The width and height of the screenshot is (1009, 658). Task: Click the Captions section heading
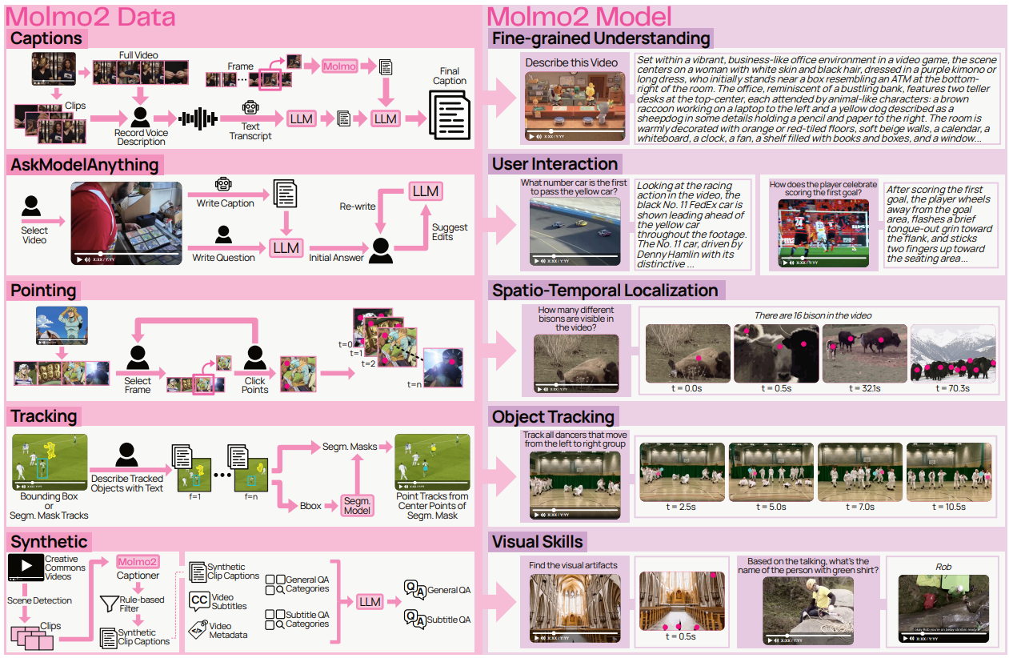tap(46, 38)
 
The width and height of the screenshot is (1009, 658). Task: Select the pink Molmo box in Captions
tap(340, 66)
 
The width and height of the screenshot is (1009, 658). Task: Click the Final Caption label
tap(450, 76)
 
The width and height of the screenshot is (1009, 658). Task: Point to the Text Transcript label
tap(250, 130)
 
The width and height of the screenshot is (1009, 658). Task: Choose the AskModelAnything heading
tap(85, 165)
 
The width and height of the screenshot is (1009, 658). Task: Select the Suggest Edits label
tap(449, 231)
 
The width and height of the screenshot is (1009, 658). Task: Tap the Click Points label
tap(255, 385)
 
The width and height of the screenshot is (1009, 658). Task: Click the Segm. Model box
tap(357, 505)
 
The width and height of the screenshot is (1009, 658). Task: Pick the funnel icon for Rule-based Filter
tap(108, 602)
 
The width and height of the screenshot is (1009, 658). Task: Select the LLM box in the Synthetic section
tap(369, 602)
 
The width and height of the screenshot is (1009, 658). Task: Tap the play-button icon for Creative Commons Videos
tap(26, 567)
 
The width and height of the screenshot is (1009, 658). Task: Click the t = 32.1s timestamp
tap(864, 388)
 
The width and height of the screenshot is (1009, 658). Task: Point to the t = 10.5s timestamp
tap(950, 507)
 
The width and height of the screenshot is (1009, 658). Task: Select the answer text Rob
tap(944, 567)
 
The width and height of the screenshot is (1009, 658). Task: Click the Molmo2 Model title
tap(579, 15)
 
